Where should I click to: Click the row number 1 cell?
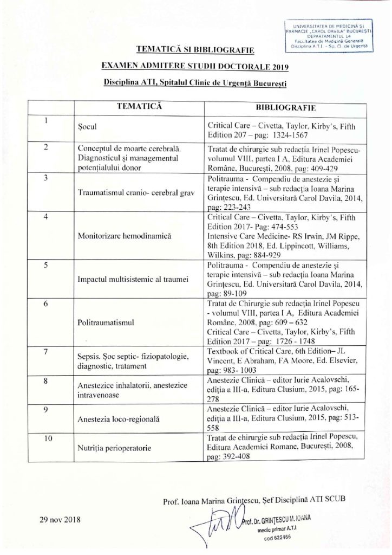point(47,121)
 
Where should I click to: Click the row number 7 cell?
point(47,353)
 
